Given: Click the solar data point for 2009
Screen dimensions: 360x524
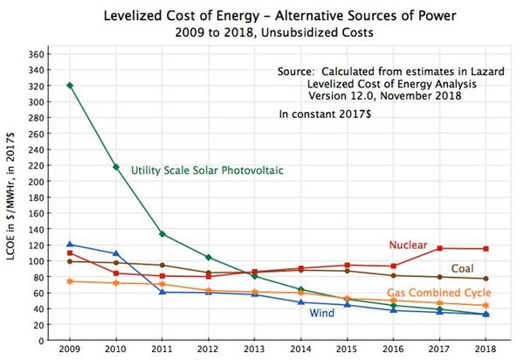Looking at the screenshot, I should (69, 86).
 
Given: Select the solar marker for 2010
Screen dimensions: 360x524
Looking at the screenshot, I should (115, 166).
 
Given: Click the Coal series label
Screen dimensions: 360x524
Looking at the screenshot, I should (464, 268).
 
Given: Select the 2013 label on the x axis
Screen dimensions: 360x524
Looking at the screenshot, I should (254, 350).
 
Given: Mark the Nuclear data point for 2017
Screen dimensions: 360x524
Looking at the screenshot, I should (439, 248).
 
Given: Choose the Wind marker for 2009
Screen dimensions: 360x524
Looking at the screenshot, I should (69, 245).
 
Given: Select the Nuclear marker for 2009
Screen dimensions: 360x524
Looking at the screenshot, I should (69, 253).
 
